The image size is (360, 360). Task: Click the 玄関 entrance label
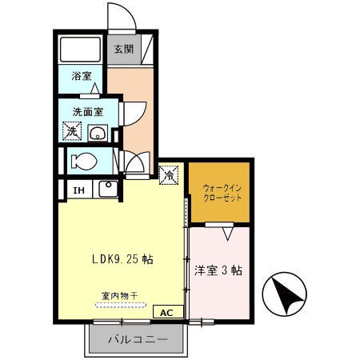pyautogui.click(x=123, y=49)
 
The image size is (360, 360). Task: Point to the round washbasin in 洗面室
pyautogui.click(x=98, y=132)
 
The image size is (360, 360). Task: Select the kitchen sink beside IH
pyautogui.click(x=107, y=190)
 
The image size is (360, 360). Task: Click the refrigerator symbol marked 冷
pyautogui.click(x=170, y=173)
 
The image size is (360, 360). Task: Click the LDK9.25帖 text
pyautogui.click(x=122, y=259)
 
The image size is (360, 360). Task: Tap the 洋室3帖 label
pyautogui.click(x=218, y=270)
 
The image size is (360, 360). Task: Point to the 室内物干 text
pyautogui.click(x=119, y=295)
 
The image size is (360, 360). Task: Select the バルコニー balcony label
pyautogui.click(x=139, y=339)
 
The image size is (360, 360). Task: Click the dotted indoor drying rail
pyautogui.click(x=118, y=305)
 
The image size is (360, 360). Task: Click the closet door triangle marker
pyautogui.click(x=230, y=233)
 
